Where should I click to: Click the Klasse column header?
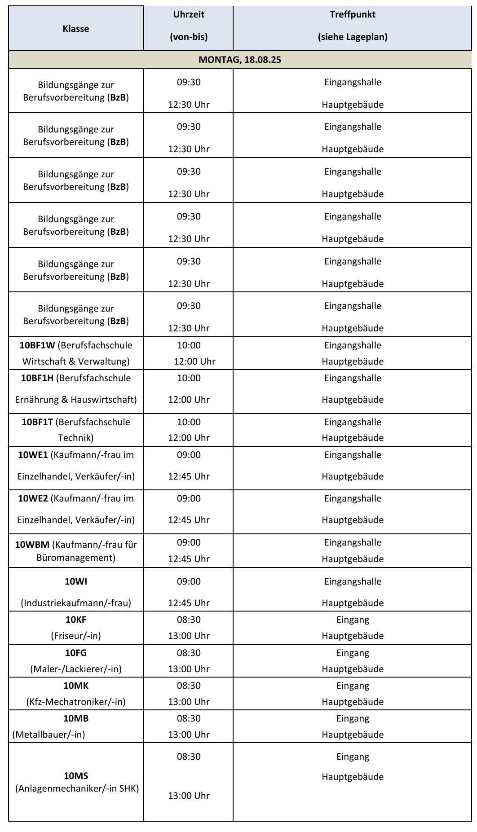(76, 29)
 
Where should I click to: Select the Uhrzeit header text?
(189, 14)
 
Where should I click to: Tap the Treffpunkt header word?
(353, 14)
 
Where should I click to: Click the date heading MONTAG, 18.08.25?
(240, 60)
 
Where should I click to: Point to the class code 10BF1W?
(37, 345)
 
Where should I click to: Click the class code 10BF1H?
(37, 378)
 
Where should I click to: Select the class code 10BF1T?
(37, 422)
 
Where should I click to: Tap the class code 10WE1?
(33, 455)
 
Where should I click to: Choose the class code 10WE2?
(33, 498)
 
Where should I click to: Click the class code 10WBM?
(32, 545)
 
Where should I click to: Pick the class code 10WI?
(76, 581)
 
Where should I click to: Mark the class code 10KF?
(76, 620)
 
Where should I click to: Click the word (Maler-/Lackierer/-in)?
(76, 669)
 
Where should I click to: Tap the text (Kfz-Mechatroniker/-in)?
(76, 702)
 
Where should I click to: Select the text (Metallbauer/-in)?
(49, 735)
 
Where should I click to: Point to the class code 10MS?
(76, 776)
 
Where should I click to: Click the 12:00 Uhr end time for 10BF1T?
(189, 438)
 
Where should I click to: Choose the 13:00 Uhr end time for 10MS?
(189, 796)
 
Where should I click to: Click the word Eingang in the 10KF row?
(353, 620)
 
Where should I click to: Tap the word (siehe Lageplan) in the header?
(353, 37)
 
